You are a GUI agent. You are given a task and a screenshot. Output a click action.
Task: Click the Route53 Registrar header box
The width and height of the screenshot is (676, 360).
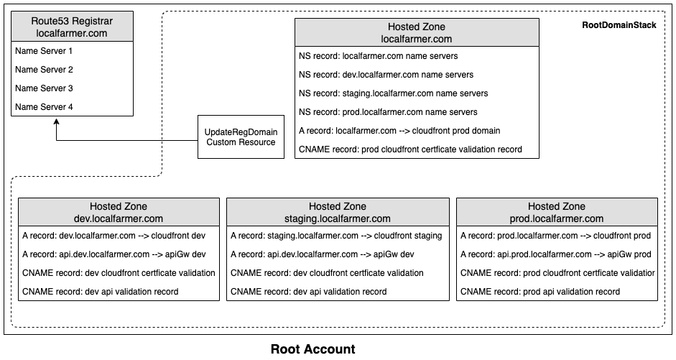click(72, 27)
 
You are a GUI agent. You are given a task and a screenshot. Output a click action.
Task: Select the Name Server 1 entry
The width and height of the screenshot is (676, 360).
click(44, 51)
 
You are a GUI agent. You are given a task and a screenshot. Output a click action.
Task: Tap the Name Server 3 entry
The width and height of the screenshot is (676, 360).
click(44, 88)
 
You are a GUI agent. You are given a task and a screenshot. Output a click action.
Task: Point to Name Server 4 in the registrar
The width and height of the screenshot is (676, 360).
click(44, 107)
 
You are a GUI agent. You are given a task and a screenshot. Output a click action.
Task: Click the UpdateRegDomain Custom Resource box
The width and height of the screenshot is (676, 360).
click(241, 137)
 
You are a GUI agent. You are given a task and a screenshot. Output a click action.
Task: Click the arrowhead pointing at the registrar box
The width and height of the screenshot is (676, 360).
click(57, 122)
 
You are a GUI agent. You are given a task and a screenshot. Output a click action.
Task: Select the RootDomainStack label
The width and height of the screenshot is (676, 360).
click(619, 25)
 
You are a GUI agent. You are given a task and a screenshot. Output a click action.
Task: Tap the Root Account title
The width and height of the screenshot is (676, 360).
click(313, 349)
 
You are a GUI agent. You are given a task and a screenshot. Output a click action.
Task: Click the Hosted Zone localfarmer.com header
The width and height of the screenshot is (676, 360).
click(417, 32)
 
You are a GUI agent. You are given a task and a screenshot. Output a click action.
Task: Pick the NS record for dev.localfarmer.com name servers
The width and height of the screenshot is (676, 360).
click(386, 75)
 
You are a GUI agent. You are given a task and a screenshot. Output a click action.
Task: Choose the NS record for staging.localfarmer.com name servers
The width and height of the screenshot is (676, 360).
click(393, 93)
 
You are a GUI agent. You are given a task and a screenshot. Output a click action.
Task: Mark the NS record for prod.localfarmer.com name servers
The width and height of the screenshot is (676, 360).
click(388, 112)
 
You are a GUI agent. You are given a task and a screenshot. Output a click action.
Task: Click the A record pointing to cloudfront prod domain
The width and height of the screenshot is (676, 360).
click(399, 131)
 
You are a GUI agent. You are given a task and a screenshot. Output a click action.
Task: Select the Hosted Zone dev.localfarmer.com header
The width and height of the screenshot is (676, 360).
click(119, 212)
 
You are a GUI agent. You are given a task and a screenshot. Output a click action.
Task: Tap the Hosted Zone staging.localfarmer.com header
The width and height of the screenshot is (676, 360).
click(338, 212)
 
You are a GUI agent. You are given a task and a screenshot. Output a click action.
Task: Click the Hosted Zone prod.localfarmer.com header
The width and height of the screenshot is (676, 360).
click(557, 212)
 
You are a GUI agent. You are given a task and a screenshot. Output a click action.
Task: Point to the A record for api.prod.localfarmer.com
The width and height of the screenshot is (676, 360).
click(556, 254)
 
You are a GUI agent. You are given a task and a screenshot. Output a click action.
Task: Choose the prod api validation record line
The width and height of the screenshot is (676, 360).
click(540, 292)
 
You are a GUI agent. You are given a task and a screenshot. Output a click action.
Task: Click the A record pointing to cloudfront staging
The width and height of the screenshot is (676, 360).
click(336, 236)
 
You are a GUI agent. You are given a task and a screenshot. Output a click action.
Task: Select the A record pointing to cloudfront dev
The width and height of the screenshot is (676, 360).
click(114, 236)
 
